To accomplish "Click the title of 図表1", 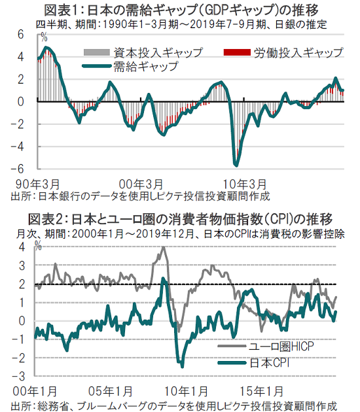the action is click(181, 10).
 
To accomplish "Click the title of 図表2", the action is click(181, 219).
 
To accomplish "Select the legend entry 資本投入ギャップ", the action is click(143, 52).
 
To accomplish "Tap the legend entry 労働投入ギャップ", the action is click(283, 52).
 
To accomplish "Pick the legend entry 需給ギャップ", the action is click(130, 66).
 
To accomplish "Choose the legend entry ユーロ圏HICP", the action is click(266, 347).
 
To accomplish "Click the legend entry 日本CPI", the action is click(253, 363).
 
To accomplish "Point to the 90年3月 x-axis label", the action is click(37, 184).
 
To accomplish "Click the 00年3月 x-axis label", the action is click(141, 184).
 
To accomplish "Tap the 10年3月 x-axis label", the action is click(245, 184).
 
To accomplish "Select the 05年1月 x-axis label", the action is click(111, 392).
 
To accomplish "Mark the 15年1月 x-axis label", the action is click(261, 392).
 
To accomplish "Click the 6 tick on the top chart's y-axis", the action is click(20, 35).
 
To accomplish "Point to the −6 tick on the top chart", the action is click(18, 169).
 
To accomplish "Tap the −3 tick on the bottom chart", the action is click(18, 377).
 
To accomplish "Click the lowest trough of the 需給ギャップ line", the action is click(236, 165).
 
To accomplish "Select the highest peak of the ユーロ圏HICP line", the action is click(163, 247).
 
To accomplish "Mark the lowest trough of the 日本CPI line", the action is click(182, 367).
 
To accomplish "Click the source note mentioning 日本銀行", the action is click(141, 196).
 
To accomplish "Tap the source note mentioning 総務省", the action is click(174, 405).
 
